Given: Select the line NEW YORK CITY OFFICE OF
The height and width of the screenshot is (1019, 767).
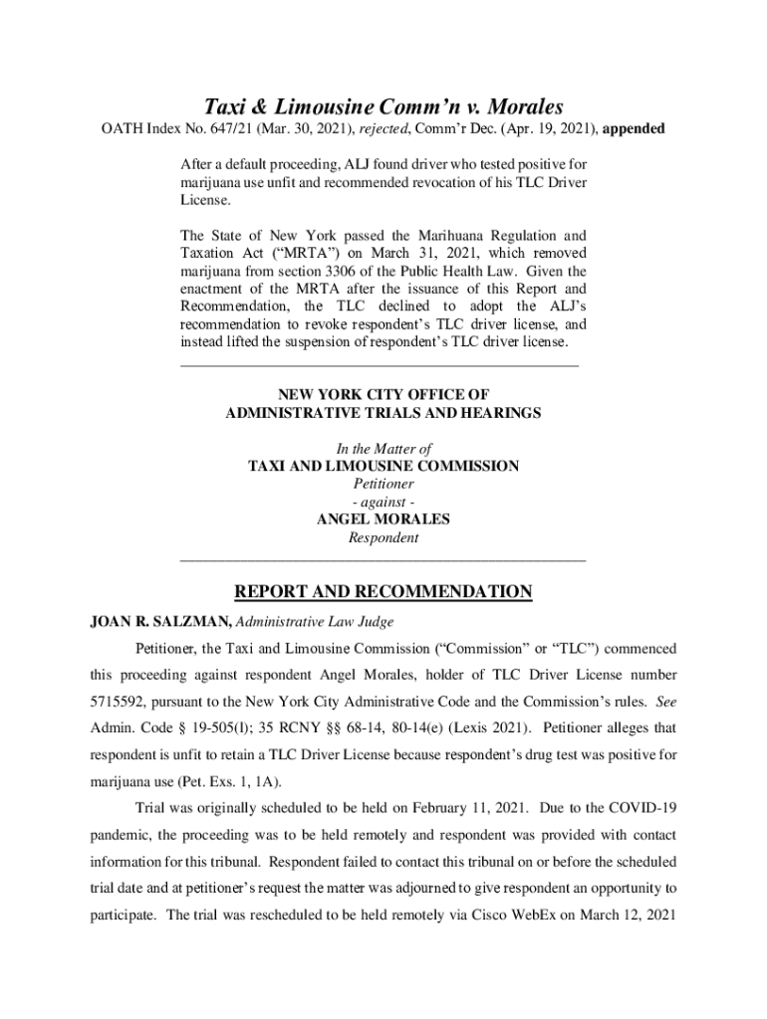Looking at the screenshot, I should pyautogui.click(x=383, y=395).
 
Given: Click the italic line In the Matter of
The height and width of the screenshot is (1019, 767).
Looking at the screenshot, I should pyautogui.click(x=383, y=449).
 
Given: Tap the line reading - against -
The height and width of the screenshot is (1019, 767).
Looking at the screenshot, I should pyautogui.click(x=383, y=502).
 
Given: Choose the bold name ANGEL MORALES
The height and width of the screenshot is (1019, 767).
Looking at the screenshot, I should pyautogui.click(x=383, y=519).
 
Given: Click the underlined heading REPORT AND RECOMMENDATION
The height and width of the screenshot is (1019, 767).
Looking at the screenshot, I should pyautogui.click(x=383, y=593).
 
